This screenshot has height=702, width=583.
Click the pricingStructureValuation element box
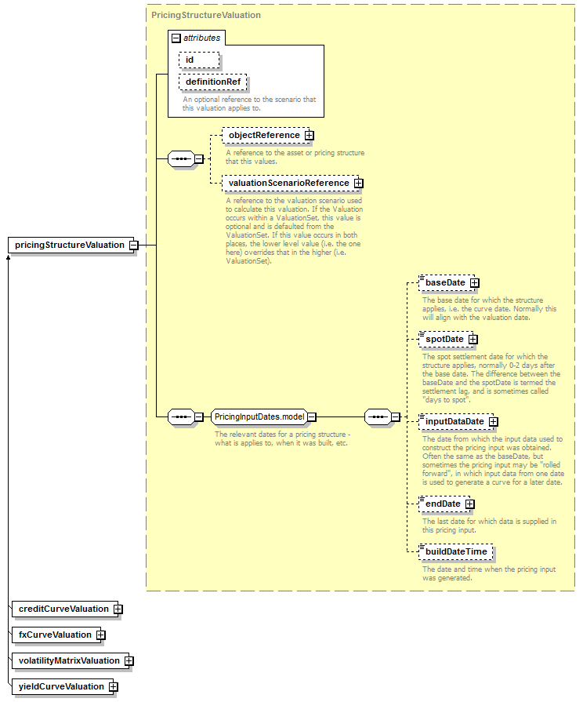point(71,245)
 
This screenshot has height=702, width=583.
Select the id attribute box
point(199,60)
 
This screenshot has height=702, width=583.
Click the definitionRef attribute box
point(212,82)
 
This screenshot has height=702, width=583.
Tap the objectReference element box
point(266,135)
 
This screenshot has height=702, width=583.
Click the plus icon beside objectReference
point(310,135)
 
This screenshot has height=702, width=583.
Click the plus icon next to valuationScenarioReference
point(358,183)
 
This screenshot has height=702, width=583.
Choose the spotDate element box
point(446,340)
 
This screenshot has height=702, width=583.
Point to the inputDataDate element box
point(456,422)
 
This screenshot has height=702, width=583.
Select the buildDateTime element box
point(455,552)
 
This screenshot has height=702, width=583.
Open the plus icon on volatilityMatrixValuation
point(129,660)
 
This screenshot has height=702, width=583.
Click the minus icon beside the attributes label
point(176,38)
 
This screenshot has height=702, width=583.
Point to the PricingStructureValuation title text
point(206,15)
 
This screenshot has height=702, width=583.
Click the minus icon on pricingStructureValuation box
point(134,246)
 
